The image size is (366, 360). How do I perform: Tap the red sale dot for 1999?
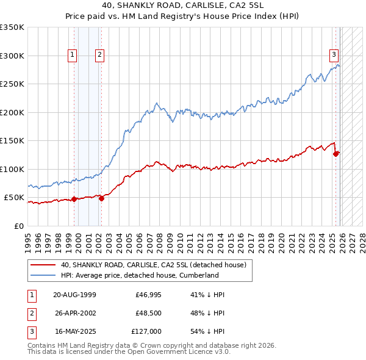(x=74, y=199)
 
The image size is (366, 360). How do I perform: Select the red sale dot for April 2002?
(x=101, y=198)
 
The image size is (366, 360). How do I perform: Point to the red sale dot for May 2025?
(x=336, y=154)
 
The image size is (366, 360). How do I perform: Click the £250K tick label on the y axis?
(x=12, y=84)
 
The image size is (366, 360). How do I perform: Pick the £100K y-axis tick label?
(x=12, y=169)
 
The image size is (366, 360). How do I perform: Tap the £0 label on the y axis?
(x=20, y=226)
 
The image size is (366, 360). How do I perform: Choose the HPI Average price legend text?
(x=140, y=275)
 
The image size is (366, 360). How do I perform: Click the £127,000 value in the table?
(x=146, y=331)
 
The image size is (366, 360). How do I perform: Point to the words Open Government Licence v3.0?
(x=180, y=352)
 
